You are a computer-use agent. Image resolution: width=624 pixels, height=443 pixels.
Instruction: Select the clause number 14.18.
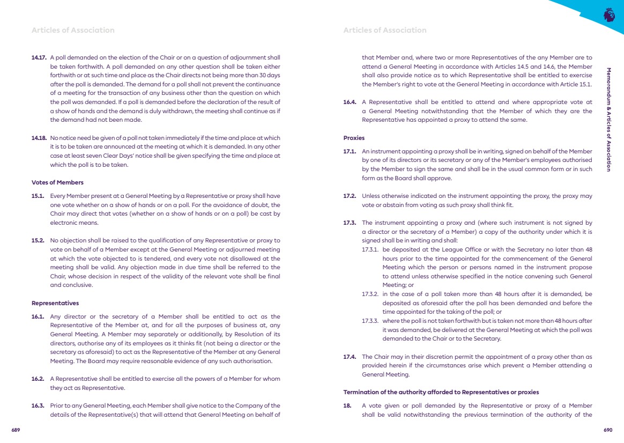click(39, 138)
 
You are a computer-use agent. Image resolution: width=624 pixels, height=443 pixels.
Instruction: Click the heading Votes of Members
click(57, 182)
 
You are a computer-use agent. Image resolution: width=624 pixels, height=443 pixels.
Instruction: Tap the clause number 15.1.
click(38, 196)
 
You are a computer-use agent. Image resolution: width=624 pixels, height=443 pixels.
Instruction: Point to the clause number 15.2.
click(38, 240)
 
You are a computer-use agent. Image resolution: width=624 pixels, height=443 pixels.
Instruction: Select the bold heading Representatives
click(55, 303)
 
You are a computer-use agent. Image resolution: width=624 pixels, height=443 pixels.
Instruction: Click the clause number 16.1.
click(38, 316)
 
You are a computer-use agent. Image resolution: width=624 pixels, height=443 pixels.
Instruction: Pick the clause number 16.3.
click(38, 406)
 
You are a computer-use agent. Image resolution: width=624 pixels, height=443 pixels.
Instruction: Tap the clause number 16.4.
click(350, 102)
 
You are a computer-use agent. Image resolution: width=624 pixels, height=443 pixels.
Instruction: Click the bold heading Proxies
click(354, 138)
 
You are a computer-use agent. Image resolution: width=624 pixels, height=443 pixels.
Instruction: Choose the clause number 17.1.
click(350, 151)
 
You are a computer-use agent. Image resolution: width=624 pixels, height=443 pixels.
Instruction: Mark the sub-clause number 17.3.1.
click(370, 249)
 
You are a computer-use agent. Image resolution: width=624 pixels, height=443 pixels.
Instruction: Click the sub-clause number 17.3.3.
click(370, 321)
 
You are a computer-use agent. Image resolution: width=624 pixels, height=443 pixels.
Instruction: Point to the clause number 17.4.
click(350, 357)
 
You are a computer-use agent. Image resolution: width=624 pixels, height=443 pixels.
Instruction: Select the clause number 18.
click(347, 406)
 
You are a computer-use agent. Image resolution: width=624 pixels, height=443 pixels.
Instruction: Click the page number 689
click(16, 430)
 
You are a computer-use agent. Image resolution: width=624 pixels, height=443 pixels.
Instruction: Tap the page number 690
click(607, 430)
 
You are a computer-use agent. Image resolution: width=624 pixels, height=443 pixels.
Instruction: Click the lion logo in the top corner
click(608, 14)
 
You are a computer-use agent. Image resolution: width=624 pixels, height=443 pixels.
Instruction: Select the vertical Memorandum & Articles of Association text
click(608, 119)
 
